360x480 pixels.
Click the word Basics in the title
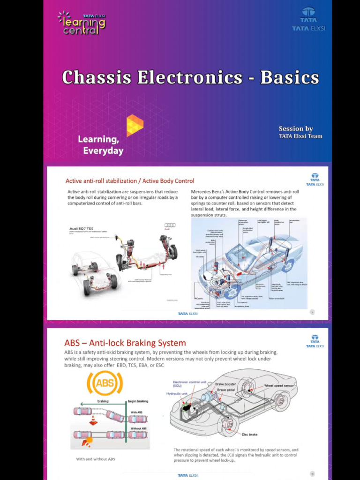[289, 77]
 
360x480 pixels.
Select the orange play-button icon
[135, 125]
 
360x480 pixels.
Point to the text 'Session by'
[295, 129]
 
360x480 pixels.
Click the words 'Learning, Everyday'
[100, 145]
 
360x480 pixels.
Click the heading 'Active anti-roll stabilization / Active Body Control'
[130, 181]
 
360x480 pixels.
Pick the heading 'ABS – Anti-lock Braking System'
[125, 343]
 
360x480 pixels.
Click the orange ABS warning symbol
[105, 383]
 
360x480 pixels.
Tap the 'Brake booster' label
[226, 384]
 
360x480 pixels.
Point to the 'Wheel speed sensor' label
[279, 386]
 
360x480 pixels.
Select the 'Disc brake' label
[249, 435]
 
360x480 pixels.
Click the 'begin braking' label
[138, 401]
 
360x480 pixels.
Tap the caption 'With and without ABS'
[96, 459]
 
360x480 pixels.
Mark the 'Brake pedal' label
[226, 390]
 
